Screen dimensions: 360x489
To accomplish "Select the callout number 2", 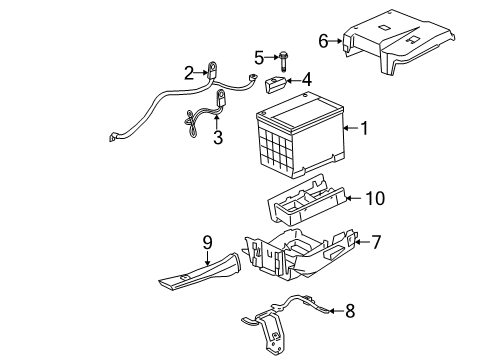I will [x=188, y=71].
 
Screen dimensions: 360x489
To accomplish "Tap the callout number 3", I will [x=217, y=137].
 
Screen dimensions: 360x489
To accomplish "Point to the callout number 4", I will [x=307, y=78].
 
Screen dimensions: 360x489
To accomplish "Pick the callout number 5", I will [x=258, y=56].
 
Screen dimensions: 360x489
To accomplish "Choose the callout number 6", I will [x=323, y=41].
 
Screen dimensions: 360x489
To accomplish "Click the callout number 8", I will [x=349, y=311].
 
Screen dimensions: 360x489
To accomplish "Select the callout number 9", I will [x=208, y=241].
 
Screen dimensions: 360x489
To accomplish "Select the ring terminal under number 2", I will [x=212, y=70].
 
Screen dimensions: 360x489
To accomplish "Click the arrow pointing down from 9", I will [x=208, y=258].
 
